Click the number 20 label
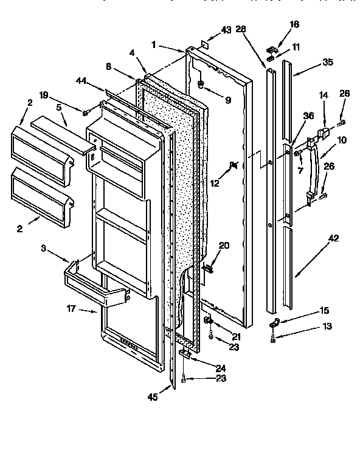[x=224, y=246]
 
